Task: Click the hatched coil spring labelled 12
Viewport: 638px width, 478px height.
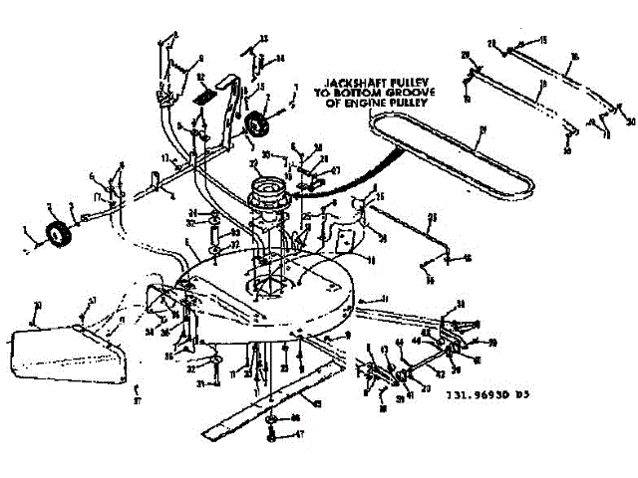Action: [204, 99]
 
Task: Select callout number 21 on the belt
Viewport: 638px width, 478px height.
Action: [481, 129]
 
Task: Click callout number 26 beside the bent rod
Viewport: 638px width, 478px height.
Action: [432, 216]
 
